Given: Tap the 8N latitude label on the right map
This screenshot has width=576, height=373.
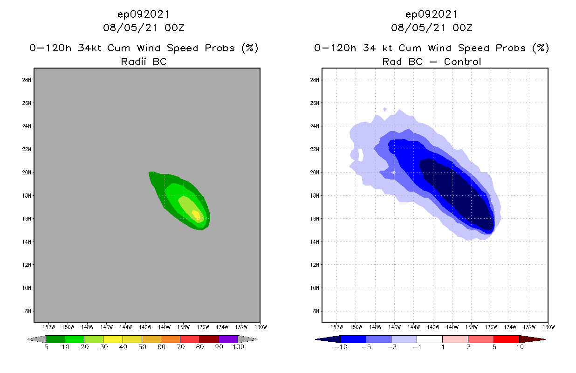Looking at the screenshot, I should (315, 311).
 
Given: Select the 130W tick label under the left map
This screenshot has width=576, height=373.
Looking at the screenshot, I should (260, 327).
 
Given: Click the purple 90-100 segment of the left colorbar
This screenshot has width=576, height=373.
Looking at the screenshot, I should (228, 339).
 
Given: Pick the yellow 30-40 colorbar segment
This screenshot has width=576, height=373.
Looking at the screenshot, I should (113, 339).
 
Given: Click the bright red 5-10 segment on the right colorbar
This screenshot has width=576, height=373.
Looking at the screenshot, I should (506, 339).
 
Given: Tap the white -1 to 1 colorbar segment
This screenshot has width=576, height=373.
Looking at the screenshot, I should (429, 339).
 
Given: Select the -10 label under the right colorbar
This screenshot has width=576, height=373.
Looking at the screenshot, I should (341, 347).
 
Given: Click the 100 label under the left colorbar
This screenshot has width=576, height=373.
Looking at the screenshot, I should (238, 347).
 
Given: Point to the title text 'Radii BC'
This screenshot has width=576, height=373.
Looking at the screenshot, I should (144, 62).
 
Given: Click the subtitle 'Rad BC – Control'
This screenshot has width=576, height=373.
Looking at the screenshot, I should (432, 62).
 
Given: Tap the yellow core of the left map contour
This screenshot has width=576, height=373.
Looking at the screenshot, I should (196, 214).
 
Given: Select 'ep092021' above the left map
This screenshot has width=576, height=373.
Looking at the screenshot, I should (144, 14).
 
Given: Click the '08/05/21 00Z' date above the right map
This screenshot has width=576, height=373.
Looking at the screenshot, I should (432, 28).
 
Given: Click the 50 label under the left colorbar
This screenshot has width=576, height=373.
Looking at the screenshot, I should (142, 347).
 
